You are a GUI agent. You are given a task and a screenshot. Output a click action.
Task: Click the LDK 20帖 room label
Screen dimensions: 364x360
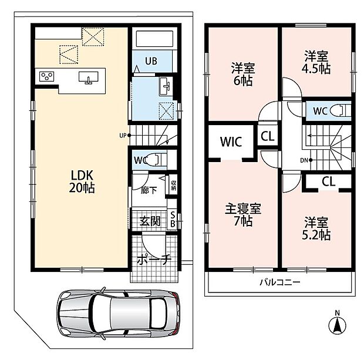point(82,181)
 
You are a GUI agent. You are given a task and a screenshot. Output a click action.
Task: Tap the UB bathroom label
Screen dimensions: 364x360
point(151,61)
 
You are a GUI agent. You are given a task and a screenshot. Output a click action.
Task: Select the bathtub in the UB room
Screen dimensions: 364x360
point(154,39)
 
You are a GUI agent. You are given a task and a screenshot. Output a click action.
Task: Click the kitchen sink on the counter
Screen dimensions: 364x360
point(88,78)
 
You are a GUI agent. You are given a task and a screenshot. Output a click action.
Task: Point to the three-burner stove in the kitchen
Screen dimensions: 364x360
point(46,76)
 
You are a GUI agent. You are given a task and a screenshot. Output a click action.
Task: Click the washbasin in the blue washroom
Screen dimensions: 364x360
point(166,86)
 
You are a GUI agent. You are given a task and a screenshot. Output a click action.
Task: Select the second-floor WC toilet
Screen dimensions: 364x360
point(340,111)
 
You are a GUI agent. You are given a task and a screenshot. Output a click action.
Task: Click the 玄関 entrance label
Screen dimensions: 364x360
point(150,221)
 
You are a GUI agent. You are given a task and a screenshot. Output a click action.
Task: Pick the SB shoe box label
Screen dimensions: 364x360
point(173,219)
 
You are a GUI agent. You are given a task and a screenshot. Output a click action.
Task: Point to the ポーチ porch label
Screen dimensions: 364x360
point(154,260)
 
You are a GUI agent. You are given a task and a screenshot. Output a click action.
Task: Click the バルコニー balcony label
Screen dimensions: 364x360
point(280,282)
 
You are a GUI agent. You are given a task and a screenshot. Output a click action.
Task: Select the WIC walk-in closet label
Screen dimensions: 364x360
point(231,141)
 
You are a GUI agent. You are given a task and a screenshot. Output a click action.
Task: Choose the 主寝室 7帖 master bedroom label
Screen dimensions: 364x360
point(243,215)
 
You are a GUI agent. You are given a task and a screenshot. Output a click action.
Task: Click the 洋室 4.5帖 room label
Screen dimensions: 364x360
point(316,62)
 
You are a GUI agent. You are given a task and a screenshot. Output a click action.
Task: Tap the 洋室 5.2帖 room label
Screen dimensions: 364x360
point(316,228)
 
